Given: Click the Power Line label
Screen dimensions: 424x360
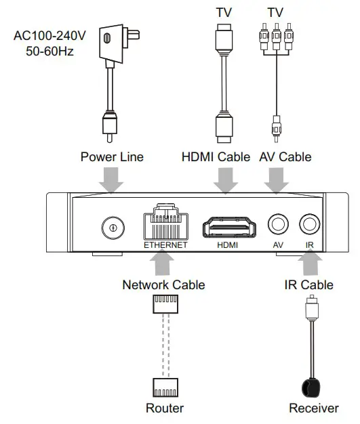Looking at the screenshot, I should point(112,157).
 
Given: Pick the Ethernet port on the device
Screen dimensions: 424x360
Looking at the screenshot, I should point(165,221).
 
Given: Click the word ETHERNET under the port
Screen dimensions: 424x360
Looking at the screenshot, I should point(165,245).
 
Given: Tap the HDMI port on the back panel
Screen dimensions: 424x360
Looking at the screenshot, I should point(228,226).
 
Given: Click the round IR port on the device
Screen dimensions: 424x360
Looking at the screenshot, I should point(310,224).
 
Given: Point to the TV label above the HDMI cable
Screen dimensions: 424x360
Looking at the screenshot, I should point(224,12).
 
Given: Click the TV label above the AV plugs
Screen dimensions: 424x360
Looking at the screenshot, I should point(275,12).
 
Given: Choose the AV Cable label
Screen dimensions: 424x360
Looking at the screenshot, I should point(285,157).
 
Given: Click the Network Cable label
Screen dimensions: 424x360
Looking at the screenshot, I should point(163,285).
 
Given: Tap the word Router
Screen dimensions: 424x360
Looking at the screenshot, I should point(164,408).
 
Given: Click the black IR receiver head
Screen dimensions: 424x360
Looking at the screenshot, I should point(312,389).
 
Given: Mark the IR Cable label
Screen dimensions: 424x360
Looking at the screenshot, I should point(308,285).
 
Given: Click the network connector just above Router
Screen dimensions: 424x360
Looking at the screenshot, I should point(165,387).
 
